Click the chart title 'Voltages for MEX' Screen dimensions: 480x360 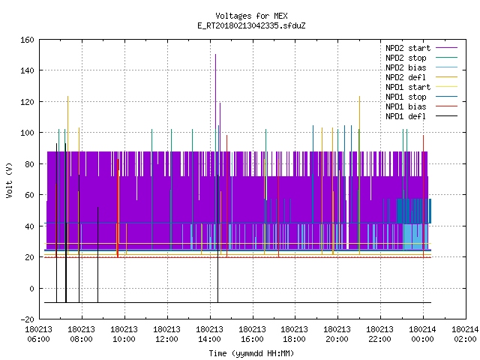251,16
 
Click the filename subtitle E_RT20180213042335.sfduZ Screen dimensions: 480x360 251,25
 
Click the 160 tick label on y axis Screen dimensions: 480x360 27,40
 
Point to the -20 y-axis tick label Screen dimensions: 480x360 27,319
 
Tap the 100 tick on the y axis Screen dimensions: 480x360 27,133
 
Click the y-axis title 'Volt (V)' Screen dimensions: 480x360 9,180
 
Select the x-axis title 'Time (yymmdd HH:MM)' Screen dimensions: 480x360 251,353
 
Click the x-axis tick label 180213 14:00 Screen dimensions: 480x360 210,334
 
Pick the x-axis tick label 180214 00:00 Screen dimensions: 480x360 423,334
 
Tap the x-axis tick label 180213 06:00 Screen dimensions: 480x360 39,334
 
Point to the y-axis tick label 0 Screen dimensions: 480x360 31,289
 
